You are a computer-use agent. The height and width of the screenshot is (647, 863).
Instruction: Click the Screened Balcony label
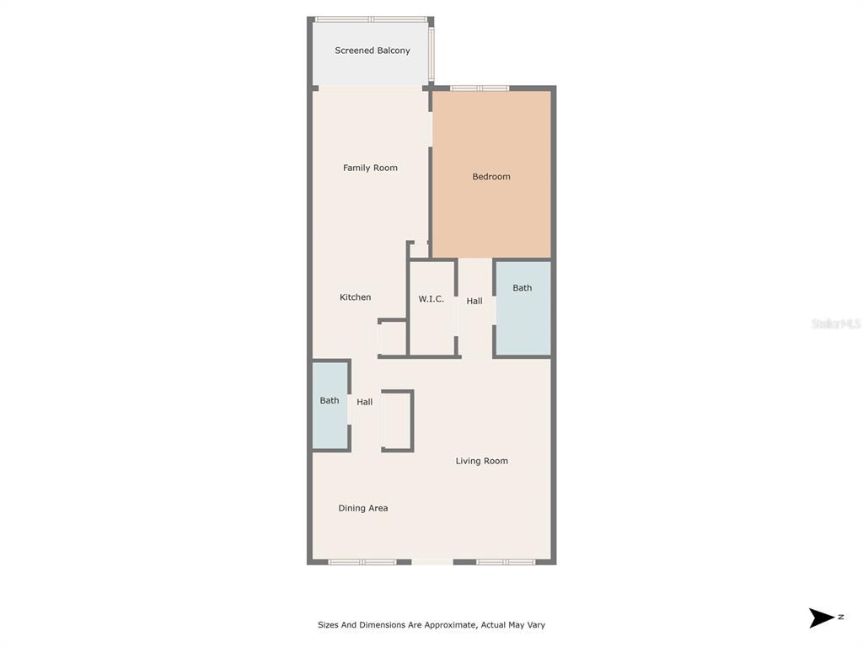(x=373, y=51)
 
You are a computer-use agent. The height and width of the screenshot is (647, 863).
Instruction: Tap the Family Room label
(x=370, y=168)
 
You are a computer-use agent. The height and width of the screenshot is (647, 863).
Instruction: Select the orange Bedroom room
(x=491, y=174)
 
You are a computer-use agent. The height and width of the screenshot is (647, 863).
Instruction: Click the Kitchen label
(x=355, y=297)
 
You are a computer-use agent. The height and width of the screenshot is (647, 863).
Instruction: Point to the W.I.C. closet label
(x=431, y=299)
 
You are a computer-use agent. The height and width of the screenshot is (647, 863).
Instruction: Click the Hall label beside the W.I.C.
(x=474, y=301)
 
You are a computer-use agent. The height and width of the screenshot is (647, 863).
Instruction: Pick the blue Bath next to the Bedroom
(x=523, y=308)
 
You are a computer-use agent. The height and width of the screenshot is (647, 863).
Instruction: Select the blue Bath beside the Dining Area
(x=330, y=406)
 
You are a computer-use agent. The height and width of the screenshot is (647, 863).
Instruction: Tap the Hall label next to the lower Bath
(x=364, y=402)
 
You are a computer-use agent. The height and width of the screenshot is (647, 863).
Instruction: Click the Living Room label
(x=481, y=461)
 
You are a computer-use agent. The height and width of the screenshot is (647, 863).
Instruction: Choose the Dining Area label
(x=362, y=508)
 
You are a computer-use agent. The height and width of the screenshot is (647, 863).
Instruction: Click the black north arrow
(x=822, y=618)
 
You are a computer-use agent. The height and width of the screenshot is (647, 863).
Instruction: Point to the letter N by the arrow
(x=841, y=617)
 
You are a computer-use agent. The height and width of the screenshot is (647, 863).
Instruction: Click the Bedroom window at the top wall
(x=480, y=88)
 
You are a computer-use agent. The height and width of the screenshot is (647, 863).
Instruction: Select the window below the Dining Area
(x=362, y=562)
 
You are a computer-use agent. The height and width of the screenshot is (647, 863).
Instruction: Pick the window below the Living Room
(x=506, y=562)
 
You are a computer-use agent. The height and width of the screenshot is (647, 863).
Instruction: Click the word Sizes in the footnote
(x=328, y=625)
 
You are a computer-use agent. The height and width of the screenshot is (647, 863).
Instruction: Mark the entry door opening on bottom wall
(x=432, y=562)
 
